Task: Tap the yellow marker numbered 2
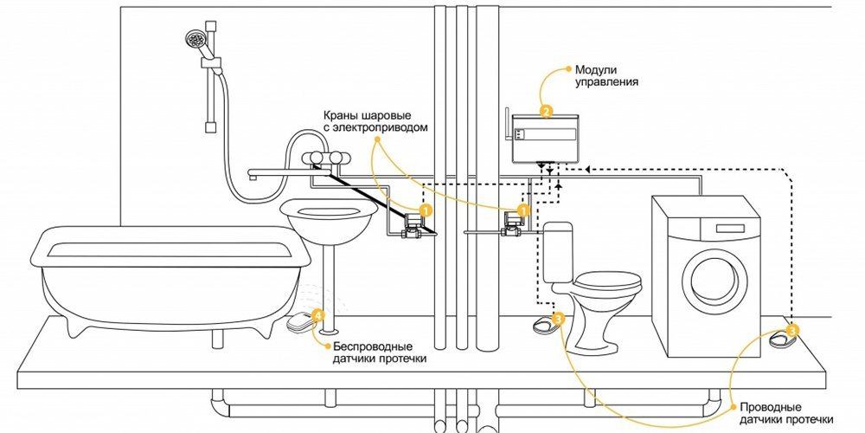tap(546, 111)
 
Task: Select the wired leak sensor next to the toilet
tap(544, 325)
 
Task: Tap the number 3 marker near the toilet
tap(558, 320)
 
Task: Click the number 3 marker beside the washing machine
tap(793, 328)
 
